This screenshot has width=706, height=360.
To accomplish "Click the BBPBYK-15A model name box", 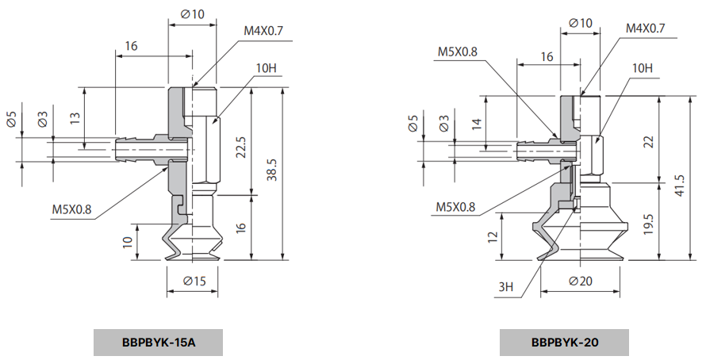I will coord(159,343).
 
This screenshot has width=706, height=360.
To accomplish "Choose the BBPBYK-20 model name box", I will coord(565,343).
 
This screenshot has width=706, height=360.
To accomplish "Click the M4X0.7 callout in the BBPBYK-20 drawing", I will coord(645,29).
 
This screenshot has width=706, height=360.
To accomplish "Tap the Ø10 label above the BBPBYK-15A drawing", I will coord(191,13).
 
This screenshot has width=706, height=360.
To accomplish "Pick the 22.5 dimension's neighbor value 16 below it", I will coord(240,228).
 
